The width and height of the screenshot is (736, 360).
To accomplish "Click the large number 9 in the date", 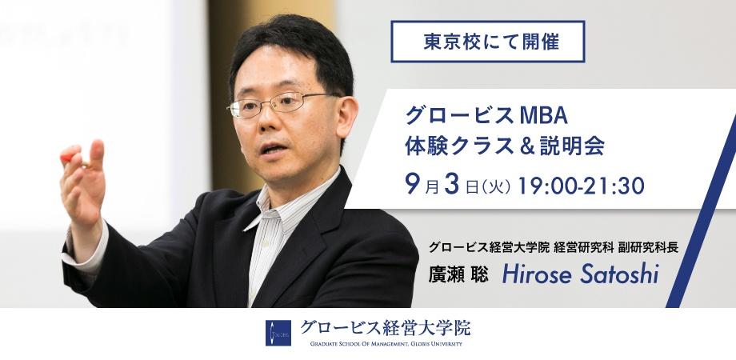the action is pyautogui.click(x=413, y=185).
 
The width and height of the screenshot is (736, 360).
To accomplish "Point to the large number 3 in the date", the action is pyautogui.click(x=451, y=185).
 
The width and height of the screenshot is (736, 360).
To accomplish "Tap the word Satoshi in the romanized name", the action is pyautogui.click(x=619, y=274).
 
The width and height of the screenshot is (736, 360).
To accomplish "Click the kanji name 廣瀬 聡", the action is pyautogui.click(x=458, y=275).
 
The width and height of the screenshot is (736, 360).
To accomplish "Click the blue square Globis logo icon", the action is pyautogui.click(x=278, y=333).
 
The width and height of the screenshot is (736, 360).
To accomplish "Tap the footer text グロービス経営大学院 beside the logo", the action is pyautogui.click(x=385, y=328).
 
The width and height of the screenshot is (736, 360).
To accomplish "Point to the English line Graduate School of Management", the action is pyautogui.click(x=386, y=344).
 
